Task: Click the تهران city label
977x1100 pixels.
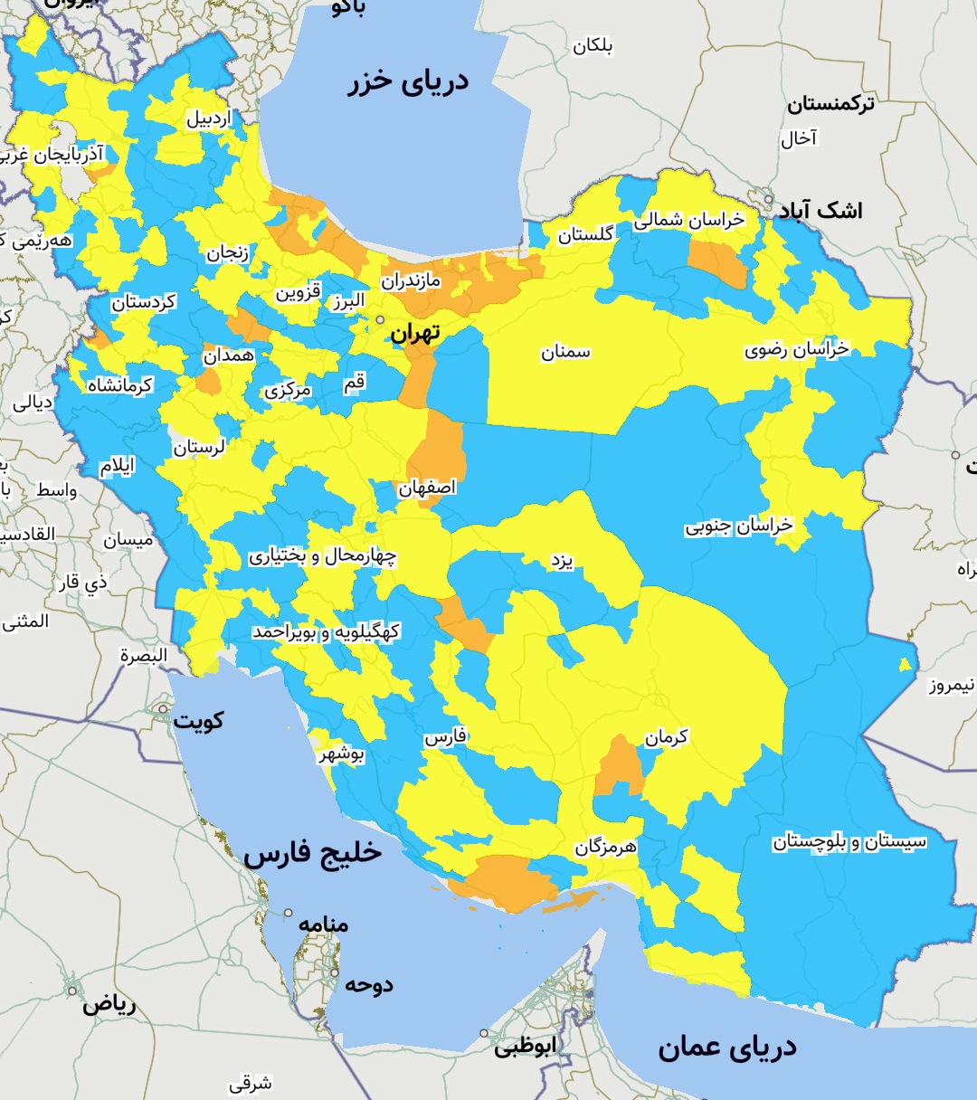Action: coord(415,334)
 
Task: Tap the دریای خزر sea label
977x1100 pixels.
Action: coord(408,82)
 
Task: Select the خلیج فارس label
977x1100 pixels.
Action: coord(312,853)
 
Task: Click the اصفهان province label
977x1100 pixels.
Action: coord(427,488)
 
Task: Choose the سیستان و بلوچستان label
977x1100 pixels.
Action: coord(849,842)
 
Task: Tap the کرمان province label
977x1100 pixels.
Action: coord(666,738)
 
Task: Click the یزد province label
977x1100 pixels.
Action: coord(562,561)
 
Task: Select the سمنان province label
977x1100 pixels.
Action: coord(565,353)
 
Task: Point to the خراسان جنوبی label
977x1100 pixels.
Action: coord(738,526)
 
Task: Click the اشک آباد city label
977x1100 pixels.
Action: coord(820,211)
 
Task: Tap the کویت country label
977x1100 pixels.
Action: coord(198,721)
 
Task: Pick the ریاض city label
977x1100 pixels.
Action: coord(109,1005)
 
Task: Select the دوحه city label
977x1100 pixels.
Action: coord(368,985)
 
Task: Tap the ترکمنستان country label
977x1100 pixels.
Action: coord(830,104)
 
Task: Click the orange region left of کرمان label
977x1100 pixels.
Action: coord(620,765)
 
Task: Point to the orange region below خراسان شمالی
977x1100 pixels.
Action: coord(716,262)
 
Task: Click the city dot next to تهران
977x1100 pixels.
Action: coord(381,319)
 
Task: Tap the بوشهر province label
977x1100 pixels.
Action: coord(341,754)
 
